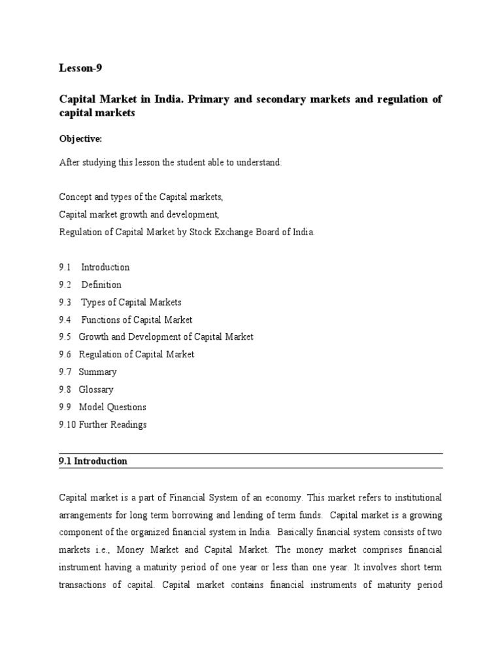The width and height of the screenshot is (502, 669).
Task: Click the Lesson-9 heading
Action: (x=80, y=68)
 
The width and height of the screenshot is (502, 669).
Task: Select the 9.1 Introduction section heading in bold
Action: (x=93, y=461)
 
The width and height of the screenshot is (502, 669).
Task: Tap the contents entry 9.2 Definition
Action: (x=90, y=285)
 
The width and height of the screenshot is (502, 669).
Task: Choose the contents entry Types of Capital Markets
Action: (x=131, y=302)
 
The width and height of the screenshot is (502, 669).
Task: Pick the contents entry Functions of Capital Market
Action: (x=137, y=320)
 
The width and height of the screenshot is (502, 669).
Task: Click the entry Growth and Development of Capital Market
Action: (x=166, y=337)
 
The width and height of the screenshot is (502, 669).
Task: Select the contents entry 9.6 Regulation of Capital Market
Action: (x=127, y=355)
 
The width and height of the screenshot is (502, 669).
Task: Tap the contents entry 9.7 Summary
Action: (x=88, y=372)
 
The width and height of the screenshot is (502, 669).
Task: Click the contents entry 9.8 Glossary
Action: (x=86, y=390)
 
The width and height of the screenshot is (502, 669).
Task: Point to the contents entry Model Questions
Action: (x=112, y=407)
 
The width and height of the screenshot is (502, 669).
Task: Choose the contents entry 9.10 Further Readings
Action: (x=103, y=425)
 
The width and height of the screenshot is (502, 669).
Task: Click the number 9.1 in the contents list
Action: (x=65, y=267)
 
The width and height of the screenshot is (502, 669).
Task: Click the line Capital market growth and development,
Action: (x=139, y=214)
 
